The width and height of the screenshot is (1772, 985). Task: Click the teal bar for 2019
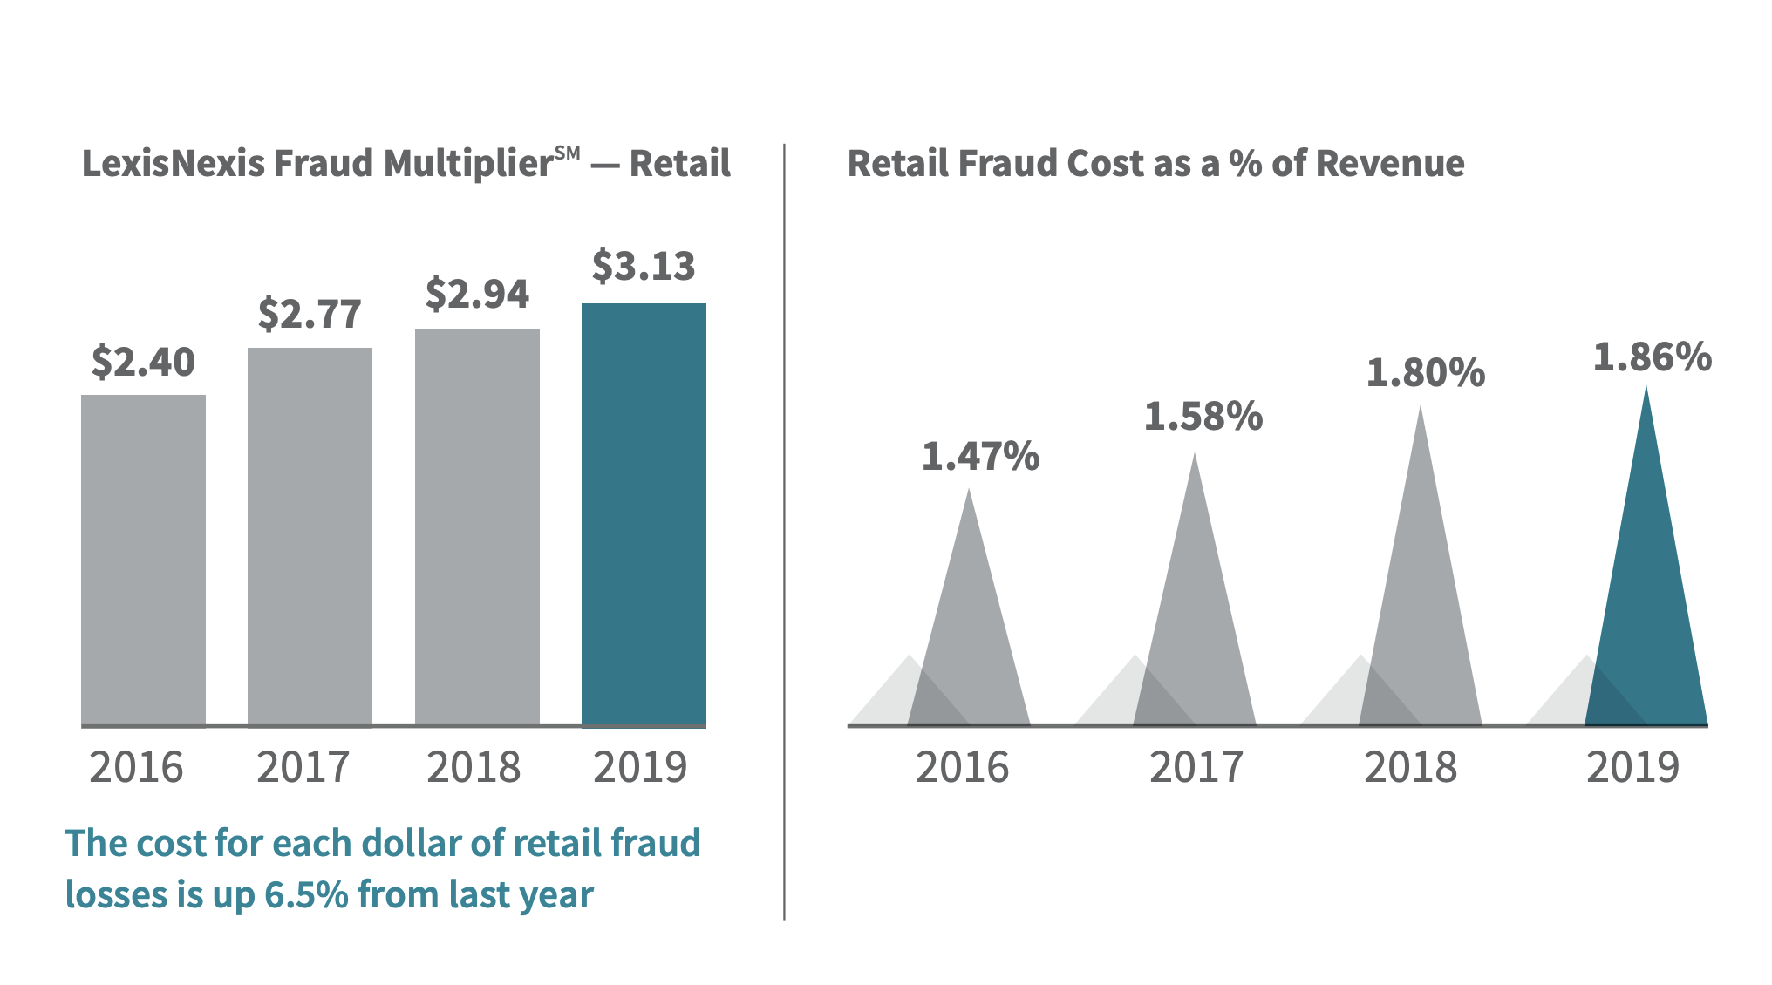644,514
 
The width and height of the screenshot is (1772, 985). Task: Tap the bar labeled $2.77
310,536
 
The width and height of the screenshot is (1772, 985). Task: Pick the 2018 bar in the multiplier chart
477,526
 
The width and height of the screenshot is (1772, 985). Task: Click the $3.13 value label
644,266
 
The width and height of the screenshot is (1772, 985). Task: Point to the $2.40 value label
143,362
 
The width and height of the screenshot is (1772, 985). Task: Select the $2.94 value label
477,294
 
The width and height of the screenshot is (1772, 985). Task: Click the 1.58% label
1203,417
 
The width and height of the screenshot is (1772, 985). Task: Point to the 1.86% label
1652,357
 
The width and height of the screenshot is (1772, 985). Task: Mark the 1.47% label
980,457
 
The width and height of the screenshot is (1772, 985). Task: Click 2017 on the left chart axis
303,767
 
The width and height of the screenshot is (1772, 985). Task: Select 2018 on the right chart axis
1410,767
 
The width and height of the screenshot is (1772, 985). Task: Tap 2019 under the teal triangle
1632,767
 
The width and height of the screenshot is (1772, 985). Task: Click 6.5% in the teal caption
306,895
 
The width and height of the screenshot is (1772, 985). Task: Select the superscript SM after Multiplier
567,153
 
